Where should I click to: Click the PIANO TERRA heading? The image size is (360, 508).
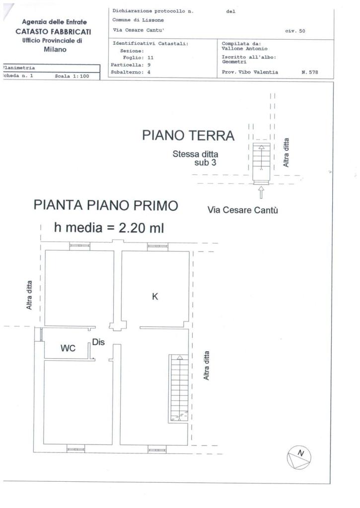[x=188, y=135]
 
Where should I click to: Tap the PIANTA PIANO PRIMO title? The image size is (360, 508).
[x=106, y=205]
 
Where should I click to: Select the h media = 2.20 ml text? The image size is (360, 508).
[x=109, y=227]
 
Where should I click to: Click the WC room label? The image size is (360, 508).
[x=68, y=348]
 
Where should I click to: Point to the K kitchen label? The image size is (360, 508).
[x=155, y=296]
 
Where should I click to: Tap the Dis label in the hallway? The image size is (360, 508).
[x=98, y=342]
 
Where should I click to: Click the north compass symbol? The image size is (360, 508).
[x=299, y=457]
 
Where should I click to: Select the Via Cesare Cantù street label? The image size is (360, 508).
[x=243, y=210]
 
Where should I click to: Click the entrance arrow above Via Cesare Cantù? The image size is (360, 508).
[x=261, y=192]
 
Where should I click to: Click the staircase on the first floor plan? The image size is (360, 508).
[x=178, y=388]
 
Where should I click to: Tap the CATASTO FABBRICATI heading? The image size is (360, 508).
[x=53, y=32]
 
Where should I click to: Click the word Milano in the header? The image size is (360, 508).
[x=55, y=50]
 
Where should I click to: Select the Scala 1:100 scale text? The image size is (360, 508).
[x=72, y=76]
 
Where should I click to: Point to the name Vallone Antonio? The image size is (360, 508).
[x=244, y=49]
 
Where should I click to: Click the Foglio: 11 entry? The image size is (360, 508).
[x=138, y=58]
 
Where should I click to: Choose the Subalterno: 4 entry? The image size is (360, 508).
[x=131, y=72]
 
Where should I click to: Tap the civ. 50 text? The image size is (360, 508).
[x=295, y=31]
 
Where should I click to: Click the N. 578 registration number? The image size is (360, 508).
[x=310, y=72]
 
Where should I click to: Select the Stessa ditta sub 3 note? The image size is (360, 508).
[x=195, y=158]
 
